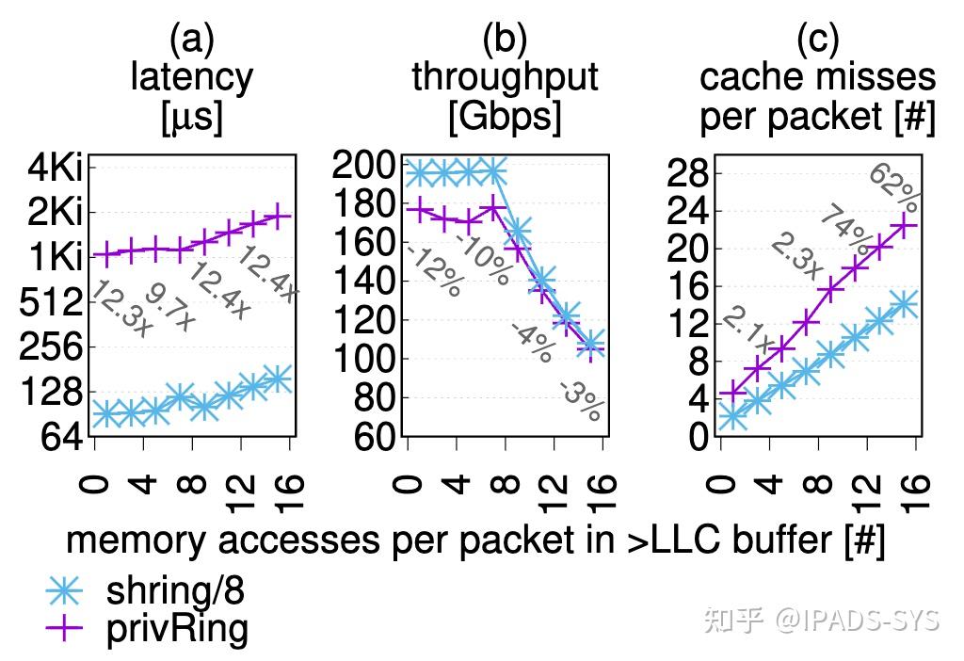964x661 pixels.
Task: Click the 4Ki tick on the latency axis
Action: (x=55, y=169)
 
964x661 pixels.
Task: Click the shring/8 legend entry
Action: (x=175, y=590)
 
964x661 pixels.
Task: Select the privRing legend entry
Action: (x=177, y=628)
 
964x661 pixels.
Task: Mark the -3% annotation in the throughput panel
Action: (x=581, y=399)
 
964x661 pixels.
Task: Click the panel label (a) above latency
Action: (x=192, y=40)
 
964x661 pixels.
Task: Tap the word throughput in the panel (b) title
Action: (x=505, y=77)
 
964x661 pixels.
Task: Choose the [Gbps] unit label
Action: (x=505, y=117)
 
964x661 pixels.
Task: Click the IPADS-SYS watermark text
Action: (x=857, y=620)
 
